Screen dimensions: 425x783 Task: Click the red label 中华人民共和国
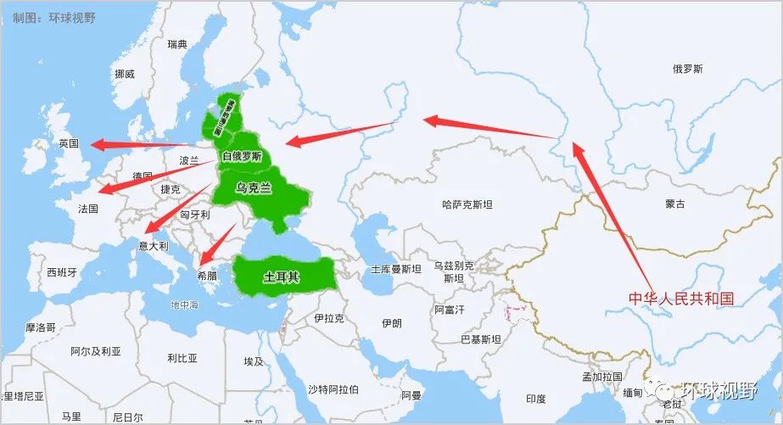(x=680, y=299)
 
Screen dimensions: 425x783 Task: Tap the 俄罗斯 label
(x=687, y=69)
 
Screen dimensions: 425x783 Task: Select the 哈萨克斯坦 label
(x=467, y=204)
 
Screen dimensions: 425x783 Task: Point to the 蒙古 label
(x=675, y=204)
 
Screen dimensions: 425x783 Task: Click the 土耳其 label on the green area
(x=281, y=277)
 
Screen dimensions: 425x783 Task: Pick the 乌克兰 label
(x=254, y=188)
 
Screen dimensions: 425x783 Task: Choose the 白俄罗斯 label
(x=242, y=156)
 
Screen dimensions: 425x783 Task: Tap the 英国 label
(x=69, y=144)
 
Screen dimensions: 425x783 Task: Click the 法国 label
(x=87, y=208)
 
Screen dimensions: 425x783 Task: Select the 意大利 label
(x=154, y=246)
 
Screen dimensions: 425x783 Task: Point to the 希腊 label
(x=207, y=277)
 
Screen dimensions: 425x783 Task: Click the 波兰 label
(x=189, y=159)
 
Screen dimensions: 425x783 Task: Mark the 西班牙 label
(x=62, y=272)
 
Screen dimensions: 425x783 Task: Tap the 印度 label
(x=535, y=399)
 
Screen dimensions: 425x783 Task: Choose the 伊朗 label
(x=392, y=323)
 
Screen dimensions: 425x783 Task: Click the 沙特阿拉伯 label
(x=333, y=389)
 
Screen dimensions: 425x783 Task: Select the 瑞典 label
(x=177, y=44)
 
